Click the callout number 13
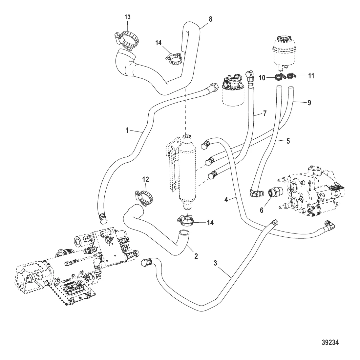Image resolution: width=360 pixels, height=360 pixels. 127,17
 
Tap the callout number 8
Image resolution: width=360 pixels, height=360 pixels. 210,19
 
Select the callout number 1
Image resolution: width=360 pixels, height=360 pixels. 127,130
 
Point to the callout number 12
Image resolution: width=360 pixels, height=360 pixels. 146,179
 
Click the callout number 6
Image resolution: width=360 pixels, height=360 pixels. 262,210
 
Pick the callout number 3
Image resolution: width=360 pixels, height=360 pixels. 215,263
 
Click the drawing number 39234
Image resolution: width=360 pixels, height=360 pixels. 329,342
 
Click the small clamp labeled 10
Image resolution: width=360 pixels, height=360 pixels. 279,77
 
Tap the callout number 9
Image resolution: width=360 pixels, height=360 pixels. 308,103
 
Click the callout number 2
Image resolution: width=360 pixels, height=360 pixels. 196,256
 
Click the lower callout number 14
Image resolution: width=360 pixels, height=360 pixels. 210,223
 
